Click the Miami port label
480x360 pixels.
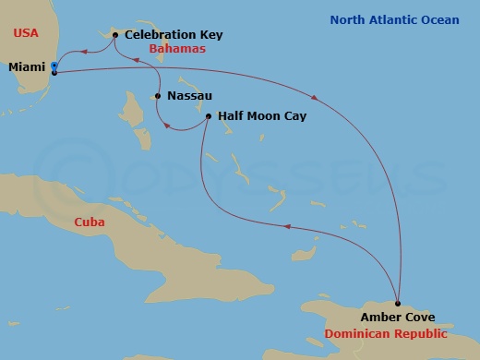pos(27,67)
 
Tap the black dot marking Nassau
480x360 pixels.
pos(159,96)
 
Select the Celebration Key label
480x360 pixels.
pos(174,35)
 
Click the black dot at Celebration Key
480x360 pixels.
pos(114,36)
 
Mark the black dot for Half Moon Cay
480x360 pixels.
pos(209,116)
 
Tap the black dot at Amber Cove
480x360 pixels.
pos(398,303)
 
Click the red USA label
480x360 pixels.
pos(26,33)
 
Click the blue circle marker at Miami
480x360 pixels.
pos(54,66)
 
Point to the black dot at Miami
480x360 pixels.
pos(54,72)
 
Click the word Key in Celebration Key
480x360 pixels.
pos(210,35)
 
